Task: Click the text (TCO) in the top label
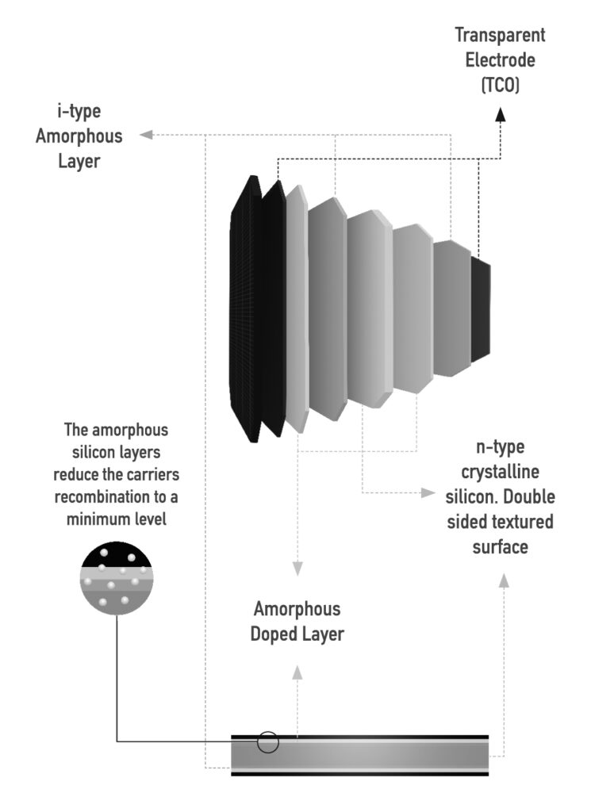[501, 84]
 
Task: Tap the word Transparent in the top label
[500, 35]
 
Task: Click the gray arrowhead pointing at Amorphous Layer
[145, 135]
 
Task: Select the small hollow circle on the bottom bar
[268, 743]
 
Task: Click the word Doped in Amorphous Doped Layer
[274, 634]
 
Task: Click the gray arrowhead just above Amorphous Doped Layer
[297, 569]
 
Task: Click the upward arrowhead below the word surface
[502, 580]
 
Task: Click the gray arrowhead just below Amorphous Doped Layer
[297, 672]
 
